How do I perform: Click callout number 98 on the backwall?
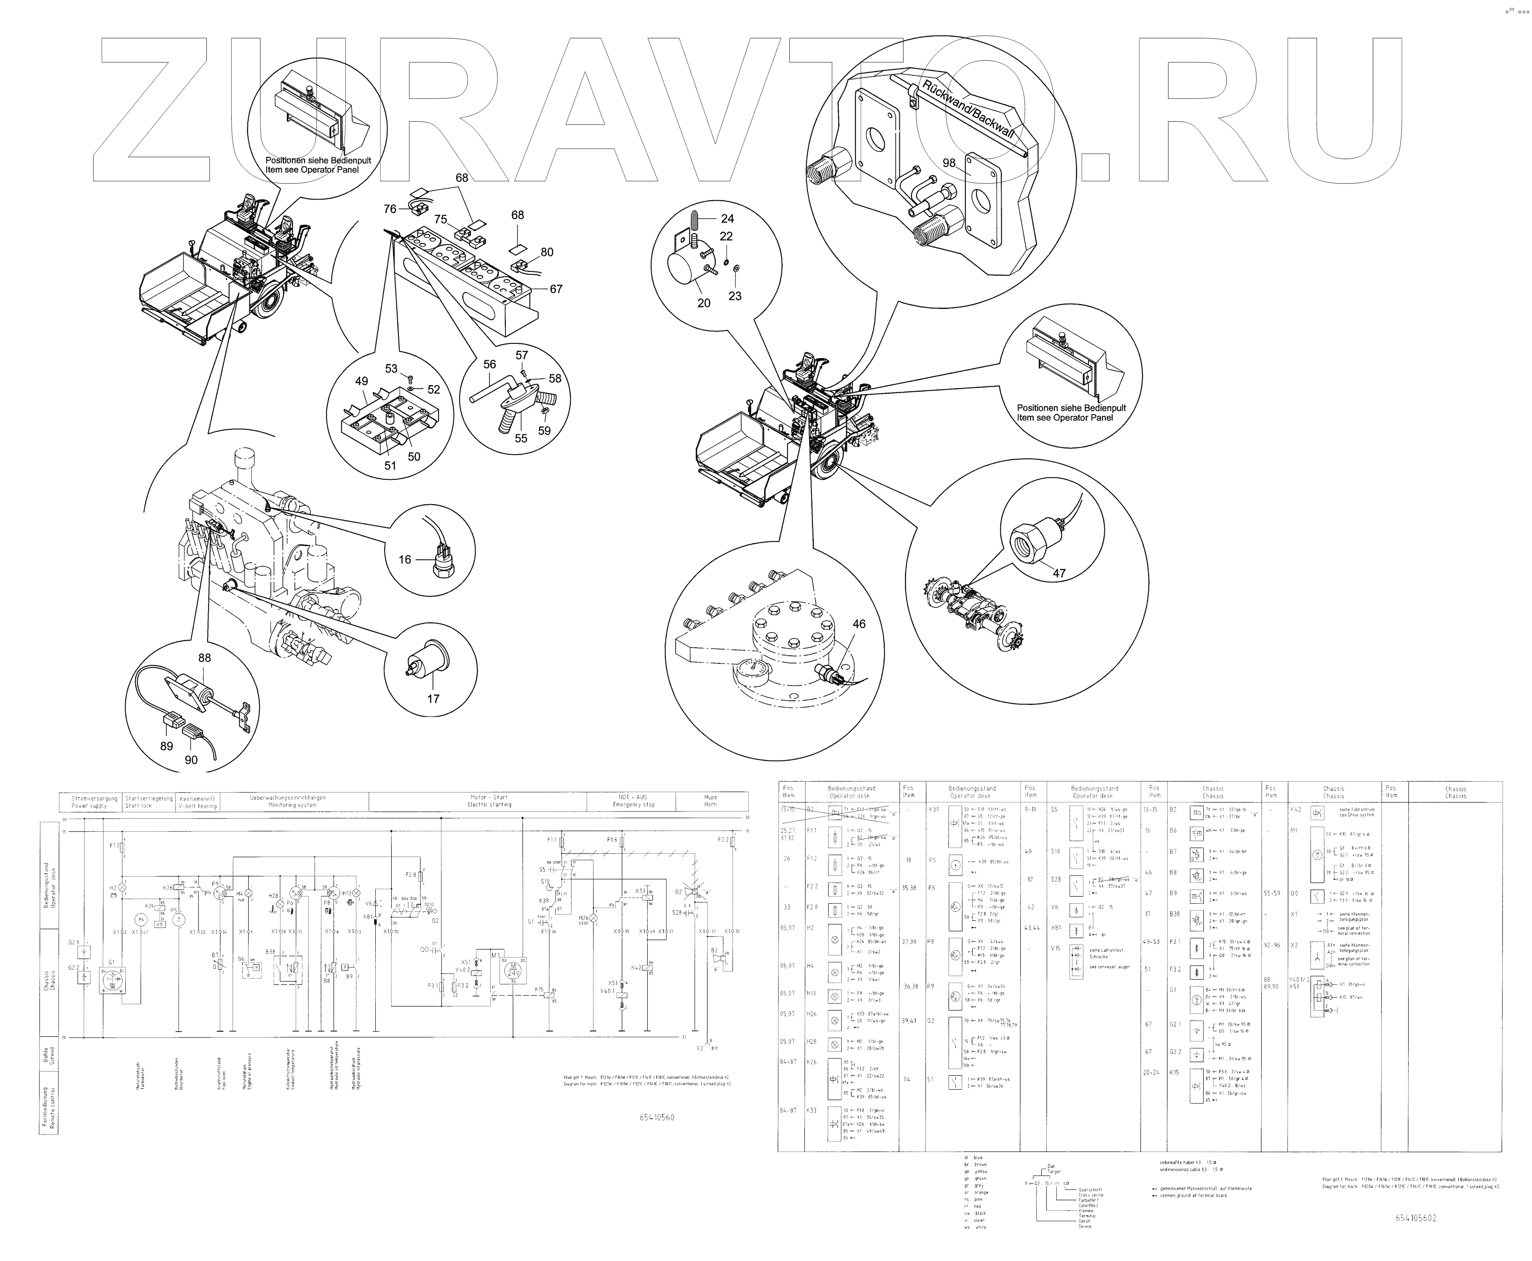click(x=949, y=163)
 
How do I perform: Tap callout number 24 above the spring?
click(x=727, y=218)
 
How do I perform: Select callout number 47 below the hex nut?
click(x=1059, y=573)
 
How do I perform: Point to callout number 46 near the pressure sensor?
click(x=859, y=624)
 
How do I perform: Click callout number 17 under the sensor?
click(x=433, y=699)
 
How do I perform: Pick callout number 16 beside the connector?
click(x=405, y=559)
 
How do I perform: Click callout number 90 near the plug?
click(x=191, y=760)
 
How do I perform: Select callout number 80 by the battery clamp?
click(x=546, y=252)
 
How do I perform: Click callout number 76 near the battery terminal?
click(x=390, y=209)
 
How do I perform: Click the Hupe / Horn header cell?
click(x=710, y=801)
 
